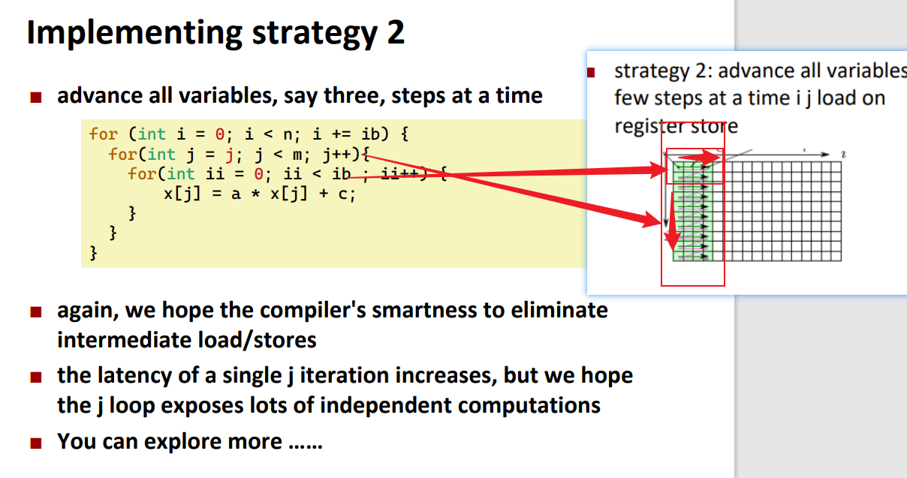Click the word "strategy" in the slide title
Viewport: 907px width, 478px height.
315,34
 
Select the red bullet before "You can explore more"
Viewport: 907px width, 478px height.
35,443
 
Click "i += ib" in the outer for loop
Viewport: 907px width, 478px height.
345,134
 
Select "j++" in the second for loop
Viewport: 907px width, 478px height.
337,155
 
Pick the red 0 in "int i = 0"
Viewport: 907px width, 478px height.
220,134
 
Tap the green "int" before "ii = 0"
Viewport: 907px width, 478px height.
181,174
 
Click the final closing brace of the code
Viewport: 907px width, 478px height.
93,253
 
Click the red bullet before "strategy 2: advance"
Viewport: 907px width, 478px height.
591,73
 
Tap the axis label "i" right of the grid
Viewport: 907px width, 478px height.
843,155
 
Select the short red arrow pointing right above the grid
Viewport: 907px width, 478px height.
699,157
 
